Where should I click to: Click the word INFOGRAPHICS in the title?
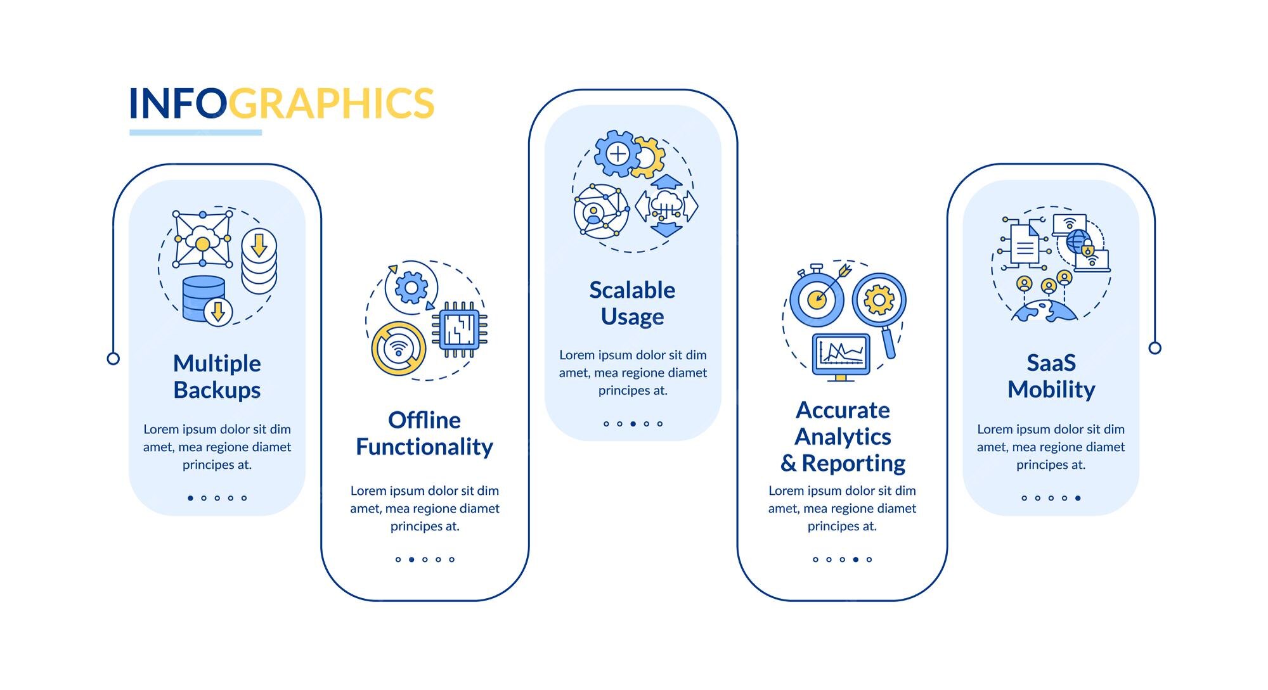(281, 103)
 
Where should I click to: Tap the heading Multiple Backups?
(217, 376)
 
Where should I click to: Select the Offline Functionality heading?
(424, 433)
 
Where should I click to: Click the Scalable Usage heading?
(632, 303)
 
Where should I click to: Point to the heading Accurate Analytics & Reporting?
(843, 437)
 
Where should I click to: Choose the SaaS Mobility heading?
(1051, 376)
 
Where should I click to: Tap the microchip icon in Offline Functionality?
(460, 329)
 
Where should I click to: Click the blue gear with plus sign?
(617, 153)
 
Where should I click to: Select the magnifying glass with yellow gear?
(879, 300)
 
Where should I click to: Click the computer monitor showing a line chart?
(841, 354)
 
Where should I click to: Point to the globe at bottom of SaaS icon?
(1044, 311)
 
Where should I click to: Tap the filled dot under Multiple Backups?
(190, 498)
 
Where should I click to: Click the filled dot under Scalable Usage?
(633, 424)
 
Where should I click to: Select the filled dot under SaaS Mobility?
(1078, 498)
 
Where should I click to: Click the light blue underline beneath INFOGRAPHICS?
(195, 132)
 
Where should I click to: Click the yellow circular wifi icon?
(398, 348)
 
